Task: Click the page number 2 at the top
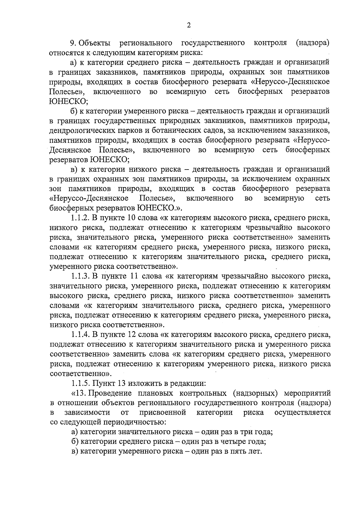click(x=189, y=25)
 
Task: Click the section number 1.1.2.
click(x=80, y=218)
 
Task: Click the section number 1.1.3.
click(x=80, y=276)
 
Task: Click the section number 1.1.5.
click(x=80, y=383)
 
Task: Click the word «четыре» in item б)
click(x=234, y=442)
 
